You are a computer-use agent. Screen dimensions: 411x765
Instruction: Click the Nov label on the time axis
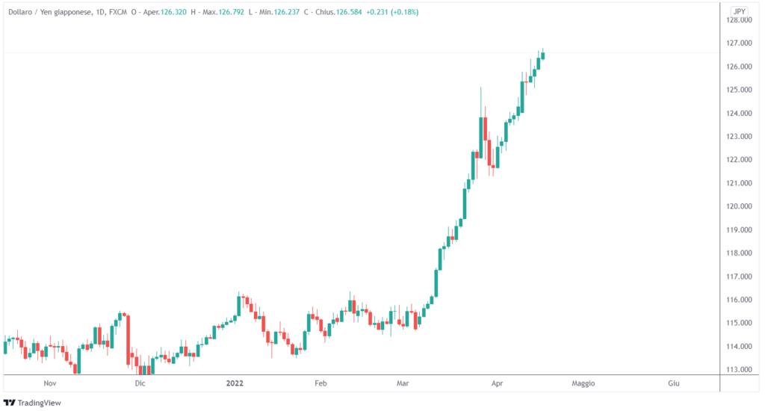pos(50,383)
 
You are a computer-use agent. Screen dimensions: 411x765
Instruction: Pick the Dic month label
pos(139,383)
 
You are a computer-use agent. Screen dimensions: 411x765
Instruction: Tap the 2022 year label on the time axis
pos(235,383)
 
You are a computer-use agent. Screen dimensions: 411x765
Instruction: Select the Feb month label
pos(320,383)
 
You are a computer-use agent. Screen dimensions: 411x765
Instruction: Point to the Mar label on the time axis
pos(403,383)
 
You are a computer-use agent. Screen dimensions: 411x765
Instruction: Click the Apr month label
pos(498,383)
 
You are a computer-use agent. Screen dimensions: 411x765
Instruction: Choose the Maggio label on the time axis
pos(583,383)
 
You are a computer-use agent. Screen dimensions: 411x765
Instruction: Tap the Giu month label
pos(673,383)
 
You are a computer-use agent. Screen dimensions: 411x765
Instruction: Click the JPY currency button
pos(739,11)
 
